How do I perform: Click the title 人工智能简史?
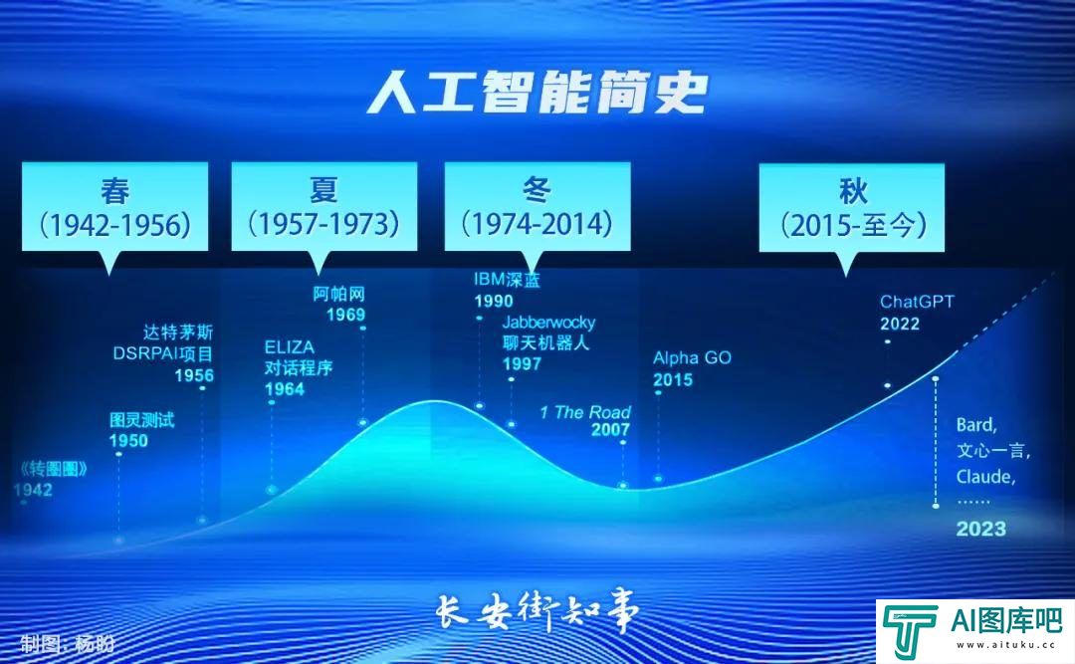point(537,93)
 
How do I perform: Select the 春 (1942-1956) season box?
point(114,206)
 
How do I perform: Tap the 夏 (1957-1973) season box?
point(324,206)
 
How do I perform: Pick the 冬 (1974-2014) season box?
point(537,206)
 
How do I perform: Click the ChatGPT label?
point(916,302)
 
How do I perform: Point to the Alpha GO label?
point(692,357)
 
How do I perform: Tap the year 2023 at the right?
point(980,529)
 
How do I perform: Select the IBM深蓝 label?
point(507,280)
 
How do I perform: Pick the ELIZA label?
point(289,347)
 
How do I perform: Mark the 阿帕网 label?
point(339,294)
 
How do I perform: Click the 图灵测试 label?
point(141,420)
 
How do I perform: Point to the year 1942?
point(33,490)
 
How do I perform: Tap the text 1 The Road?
point(585,412)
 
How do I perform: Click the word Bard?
point(976,425)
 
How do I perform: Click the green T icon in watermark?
point(909,630)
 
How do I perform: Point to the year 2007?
point(610,430)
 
